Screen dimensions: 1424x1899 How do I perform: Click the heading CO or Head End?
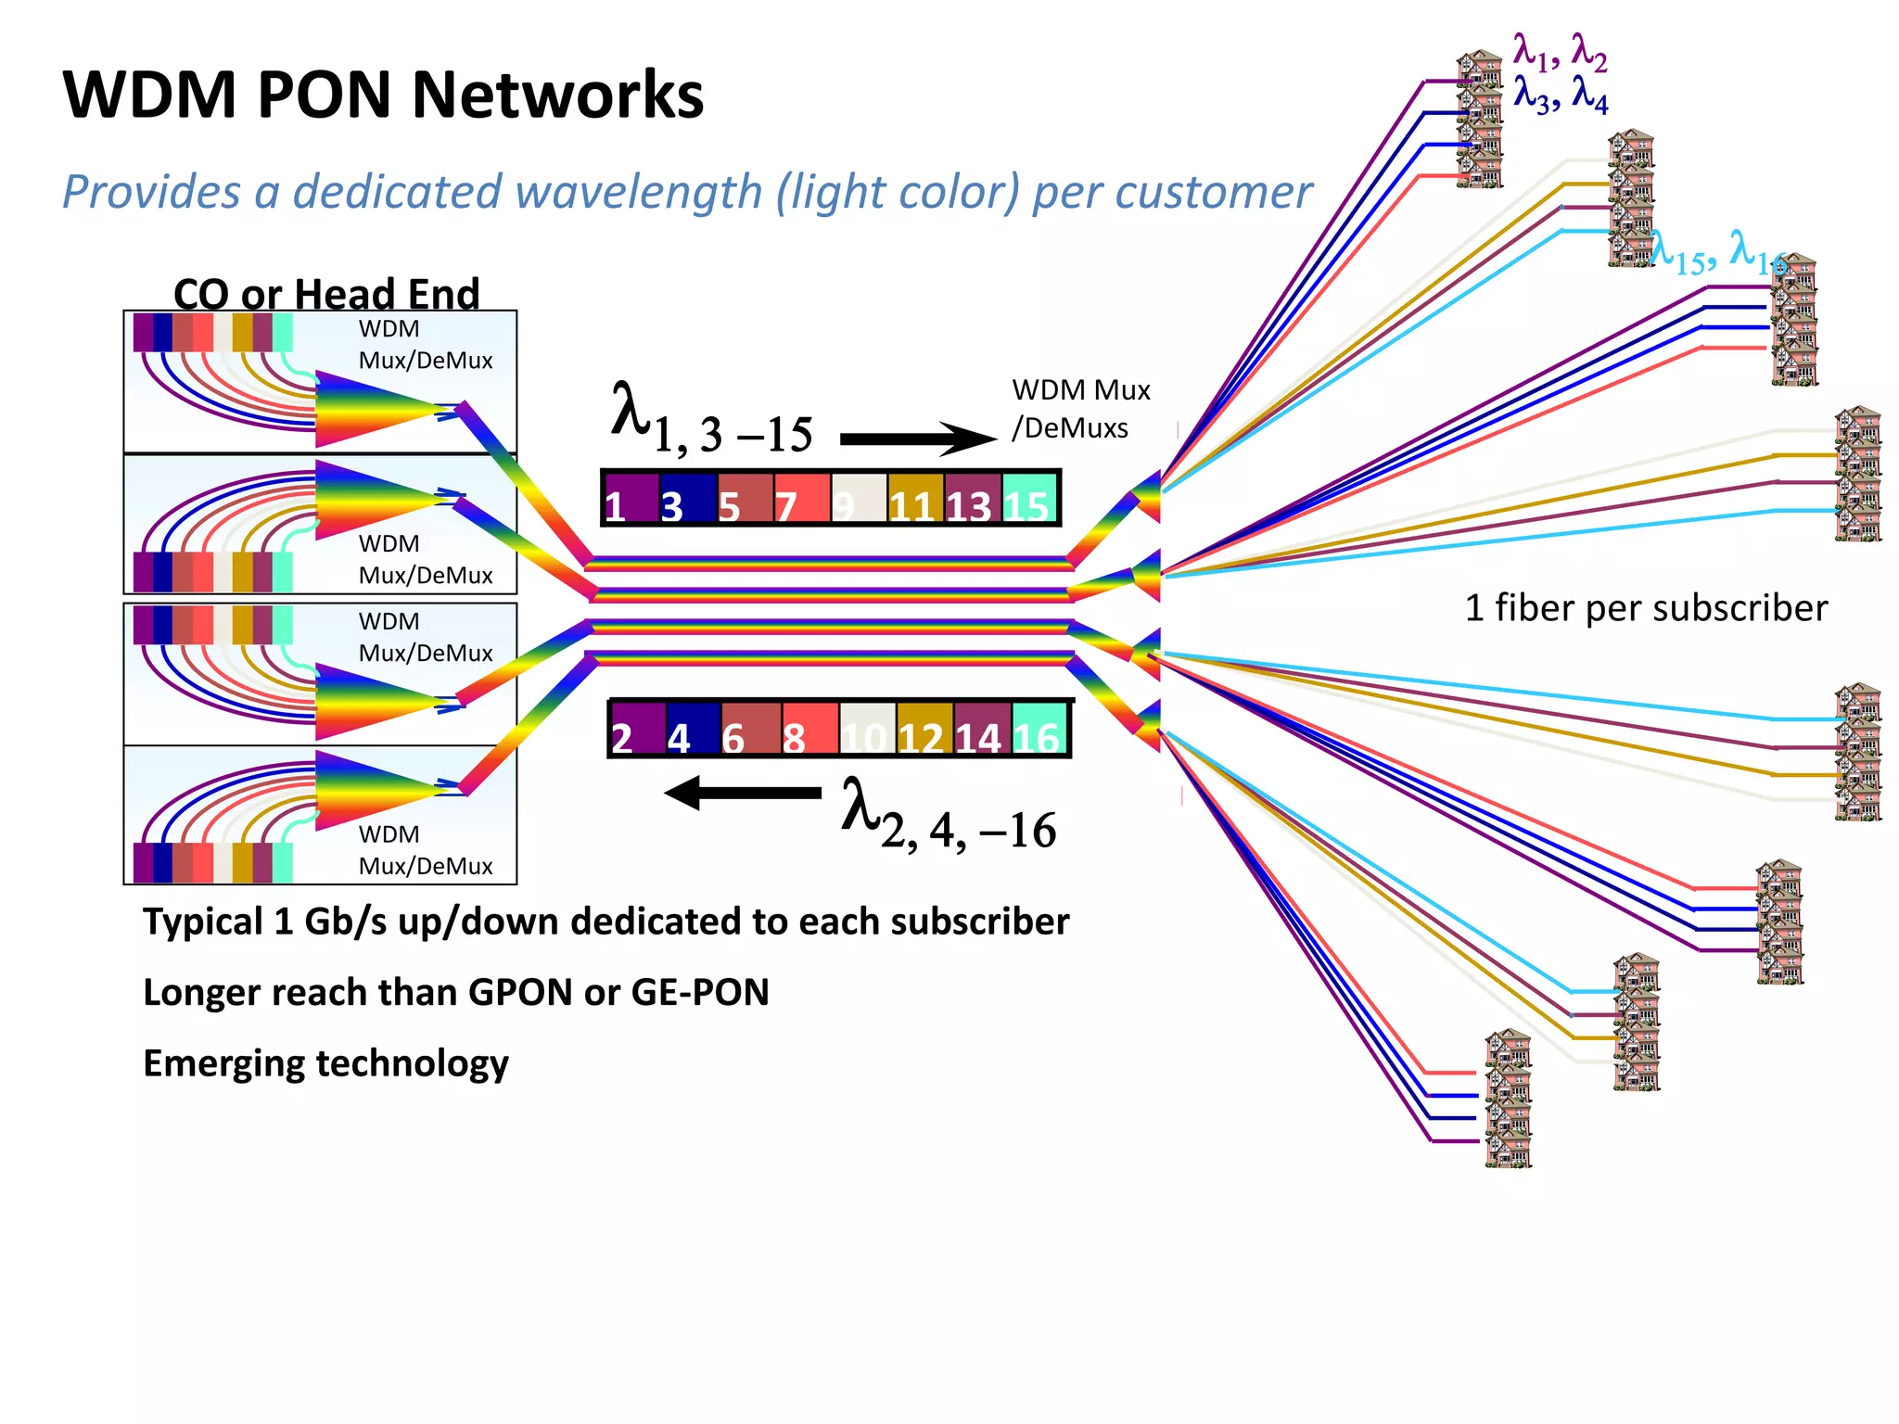coord(326,294)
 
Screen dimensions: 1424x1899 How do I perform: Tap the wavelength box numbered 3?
coord(688,499)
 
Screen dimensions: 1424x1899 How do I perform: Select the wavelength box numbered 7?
coord(802,499)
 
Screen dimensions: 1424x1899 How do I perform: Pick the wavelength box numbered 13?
coord(973,499)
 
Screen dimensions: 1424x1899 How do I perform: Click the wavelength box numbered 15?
coord(1029,499)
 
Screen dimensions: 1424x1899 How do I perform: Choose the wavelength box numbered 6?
coord(751,730)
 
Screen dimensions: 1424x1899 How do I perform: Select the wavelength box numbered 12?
coord(924,730)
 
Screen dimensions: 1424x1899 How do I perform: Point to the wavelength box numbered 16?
coord(1039,730)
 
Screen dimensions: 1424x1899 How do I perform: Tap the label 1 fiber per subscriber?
coord(1646,608)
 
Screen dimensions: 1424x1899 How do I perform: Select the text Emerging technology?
coord(325,1062)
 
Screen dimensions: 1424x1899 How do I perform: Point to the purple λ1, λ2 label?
coord(1560,53)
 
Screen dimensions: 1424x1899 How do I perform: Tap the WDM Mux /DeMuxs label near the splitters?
coord(1079,409)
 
